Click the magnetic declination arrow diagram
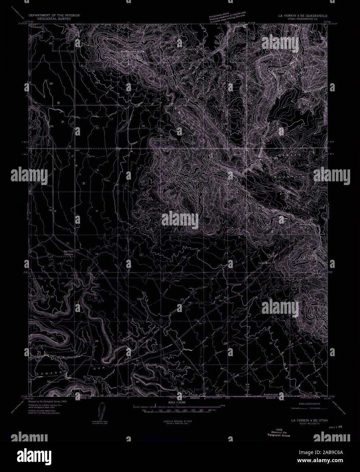click(102, 411)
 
